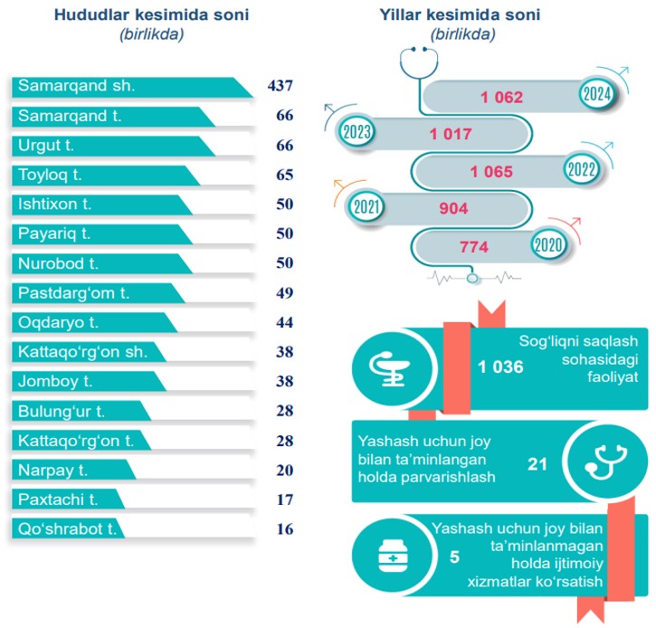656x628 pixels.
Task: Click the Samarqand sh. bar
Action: point(127,87)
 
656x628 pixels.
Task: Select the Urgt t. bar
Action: point(109,146)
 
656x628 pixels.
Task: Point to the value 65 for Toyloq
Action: point(284,175)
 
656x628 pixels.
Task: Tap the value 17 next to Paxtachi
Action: point(284,499)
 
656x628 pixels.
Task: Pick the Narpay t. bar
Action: point(72,470)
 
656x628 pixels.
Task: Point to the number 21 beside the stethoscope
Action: point(537,463)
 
